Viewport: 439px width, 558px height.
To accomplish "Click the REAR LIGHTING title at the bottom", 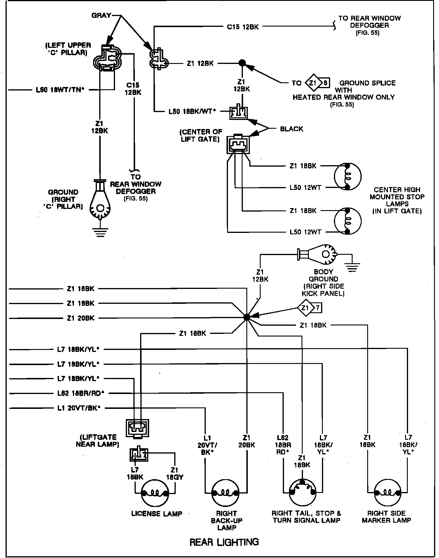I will click(x=224, y=542).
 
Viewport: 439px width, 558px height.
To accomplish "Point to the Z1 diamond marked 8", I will click(x=317, y=83).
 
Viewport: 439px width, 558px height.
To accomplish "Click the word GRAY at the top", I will click(x=101, y=15).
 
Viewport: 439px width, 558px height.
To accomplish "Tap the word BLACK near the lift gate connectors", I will click(x=291, y=129).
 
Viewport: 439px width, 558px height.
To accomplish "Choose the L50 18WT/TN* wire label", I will click(x=60, y=90).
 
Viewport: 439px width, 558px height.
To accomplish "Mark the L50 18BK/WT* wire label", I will click(x=192, y=111).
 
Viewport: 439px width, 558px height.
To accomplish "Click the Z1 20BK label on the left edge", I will click(x=81, y=318).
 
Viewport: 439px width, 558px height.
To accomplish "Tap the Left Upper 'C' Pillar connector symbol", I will click(x=107, y=58).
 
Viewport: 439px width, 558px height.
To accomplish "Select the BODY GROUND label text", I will click(x=323, y=275).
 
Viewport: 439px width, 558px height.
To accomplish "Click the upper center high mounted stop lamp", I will click(x=347, y=177).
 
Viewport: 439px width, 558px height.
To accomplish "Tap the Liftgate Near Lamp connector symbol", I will click(x=137, y=428).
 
